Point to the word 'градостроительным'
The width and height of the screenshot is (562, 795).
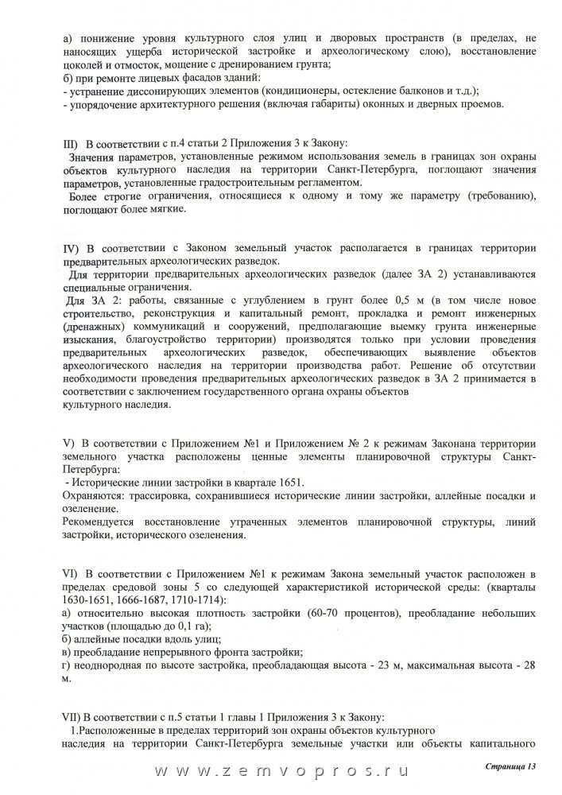254,183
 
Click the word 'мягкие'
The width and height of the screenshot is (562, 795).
165,210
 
